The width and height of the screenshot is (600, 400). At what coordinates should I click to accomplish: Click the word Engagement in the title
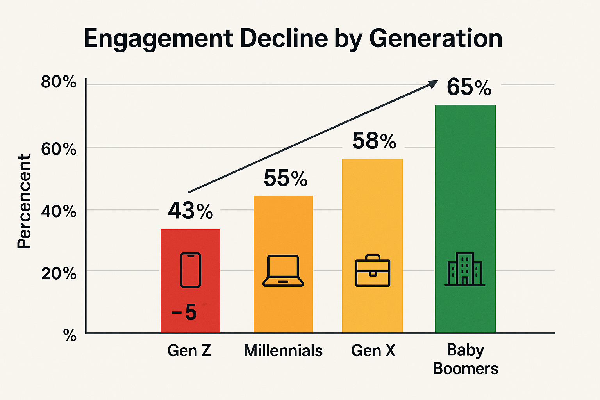point(158,39)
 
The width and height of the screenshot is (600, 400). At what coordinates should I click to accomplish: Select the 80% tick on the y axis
point(59,82)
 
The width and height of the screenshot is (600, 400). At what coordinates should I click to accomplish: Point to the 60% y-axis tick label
point(59,149)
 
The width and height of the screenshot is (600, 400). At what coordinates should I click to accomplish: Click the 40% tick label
point(59,211)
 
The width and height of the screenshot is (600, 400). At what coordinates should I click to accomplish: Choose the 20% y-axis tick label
point(59,273)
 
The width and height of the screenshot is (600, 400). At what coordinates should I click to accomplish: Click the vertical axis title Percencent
point(24,202)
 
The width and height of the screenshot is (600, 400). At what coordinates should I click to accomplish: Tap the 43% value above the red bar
point(191,211)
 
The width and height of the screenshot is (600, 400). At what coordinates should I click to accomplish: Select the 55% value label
point(286,178)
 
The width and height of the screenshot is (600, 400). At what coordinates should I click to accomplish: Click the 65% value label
point(469,87)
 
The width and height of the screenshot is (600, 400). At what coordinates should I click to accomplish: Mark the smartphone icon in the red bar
point(191,270)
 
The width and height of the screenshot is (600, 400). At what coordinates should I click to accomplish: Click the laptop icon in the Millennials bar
point(283,271)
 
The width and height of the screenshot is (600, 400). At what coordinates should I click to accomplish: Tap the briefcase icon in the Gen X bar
point(373,271)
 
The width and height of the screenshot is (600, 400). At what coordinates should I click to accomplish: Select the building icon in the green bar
point(465,269)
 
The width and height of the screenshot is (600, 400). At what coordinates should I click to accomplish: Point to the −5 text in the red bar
point(184,312)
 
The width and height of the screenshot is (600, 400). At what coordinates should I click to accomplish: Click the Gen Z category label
point(189,350)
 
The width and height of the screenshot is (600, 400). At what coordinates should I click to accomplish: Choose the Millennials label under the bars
point(283,350)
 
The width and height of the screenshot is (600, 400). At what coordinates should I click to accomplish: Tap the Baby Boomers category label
point(466,359)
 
